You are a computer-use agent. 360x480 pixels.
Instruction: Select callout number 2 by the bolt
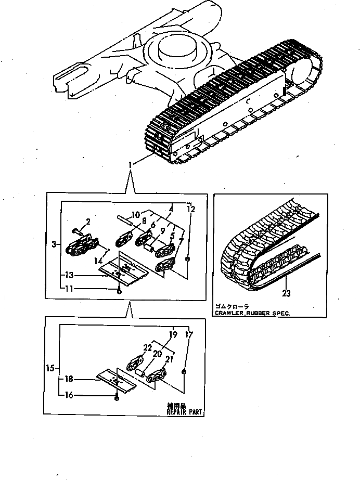(88, 222)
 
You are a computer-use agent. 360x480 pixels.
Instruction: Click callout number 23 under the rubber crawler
(287, 293)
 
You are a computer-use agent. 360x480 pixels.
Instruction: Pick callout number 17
(188, 335)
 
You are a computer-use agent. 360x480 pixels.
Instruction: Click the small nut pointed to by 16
(118, 398)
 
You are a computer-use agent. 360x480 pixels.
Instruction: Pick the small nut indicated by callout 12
(188, 258)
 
